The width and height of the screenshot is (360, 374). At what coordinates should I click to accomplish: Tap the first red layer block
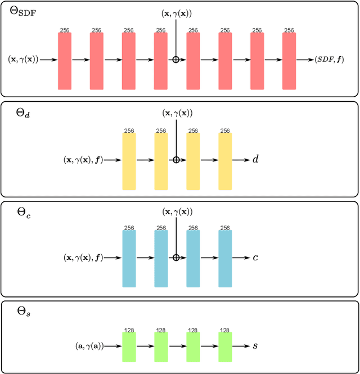click(x=65, y=60)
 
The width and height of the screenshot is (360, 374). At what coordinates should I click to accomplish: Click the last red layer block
click(x=289, y=60)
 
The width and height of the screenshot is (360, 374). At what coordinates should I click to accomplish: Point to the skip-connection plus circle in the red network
click(x=176, y=59)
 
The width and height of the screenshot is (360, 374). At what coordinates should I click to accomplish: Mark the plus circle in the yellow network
click(x=176, y=160)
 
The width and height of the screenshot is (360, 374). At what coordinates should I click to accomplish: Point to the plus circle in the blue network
click(x=176, y=258)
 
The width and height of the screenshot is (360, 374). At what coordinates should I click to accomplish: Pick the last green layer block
click(x=225, y=346)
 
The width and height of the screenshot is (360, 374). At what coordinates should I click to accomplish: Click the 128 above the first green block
click(x=129, y=330)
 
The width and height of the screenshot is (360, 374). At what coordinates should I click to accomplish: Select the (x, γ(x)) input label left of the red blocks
click(x=24, y=59)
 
